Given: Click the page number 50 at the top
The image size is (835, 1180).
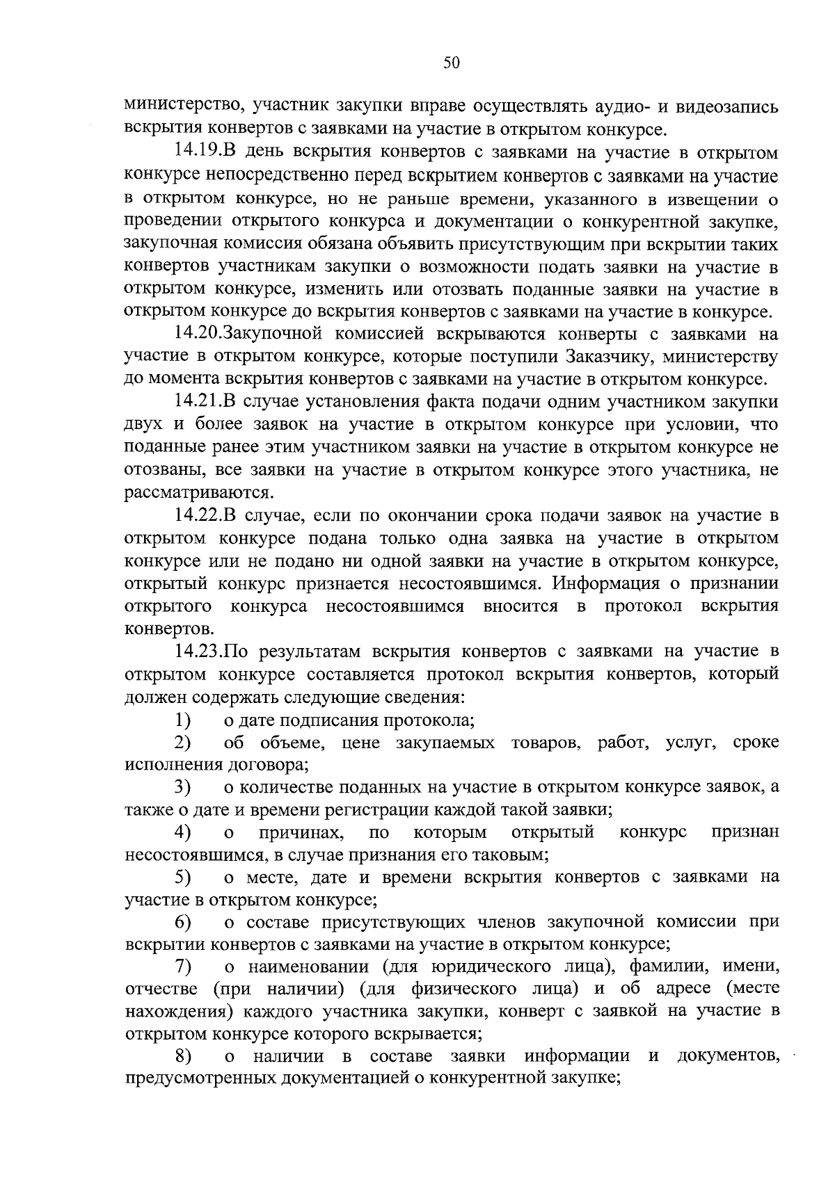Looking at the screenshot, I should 452,63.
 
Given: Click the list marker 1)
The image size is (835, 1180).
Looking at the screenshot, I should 183,720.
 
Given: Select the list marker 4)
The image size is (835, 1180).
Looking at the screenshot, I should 183,832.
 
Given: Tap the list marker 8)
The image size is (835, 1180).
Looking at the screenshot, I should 183,1057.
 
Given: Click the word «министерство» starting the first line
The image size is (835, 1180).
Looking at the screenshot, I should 184,107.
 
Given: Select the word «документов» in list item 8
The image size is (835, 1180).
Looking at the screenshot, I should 728,1057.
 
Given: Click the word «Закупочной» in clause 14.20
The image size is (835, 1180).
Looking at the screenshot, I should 273,334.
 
